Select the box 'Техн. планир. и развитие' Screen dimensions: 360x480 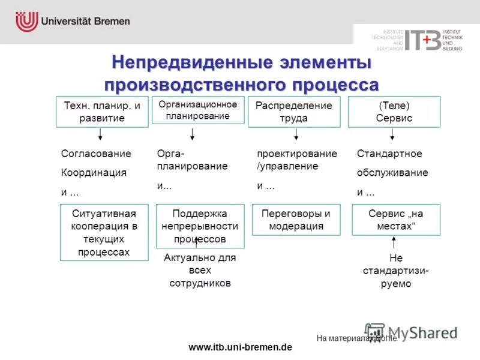102,112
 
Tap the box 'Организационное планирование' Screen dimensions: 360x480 198,110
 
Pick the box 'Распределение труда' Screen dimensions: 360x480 293,112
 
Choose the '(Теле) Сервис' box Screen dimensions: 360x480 394,112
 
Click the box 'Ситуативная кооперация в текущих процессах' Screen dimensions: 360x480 104,232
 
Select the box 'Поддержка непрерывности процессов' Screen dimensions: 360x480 200,226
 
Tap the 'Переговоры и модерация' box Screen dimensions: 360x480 296,220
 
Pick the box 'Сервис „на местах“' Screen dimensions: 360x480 396,220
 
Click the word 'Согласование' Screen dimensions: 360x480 96,154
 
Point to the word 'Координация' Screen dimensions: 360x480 94,173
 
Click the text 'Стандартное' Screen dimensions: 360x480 389,154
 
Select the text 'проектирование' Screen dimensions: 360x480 297,154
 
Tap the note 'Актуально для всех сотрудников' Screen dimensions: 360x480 200,270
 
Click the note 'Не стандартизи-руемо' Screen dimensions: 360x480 396,271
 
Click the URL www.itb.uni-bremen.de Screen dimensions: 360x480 240,347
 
